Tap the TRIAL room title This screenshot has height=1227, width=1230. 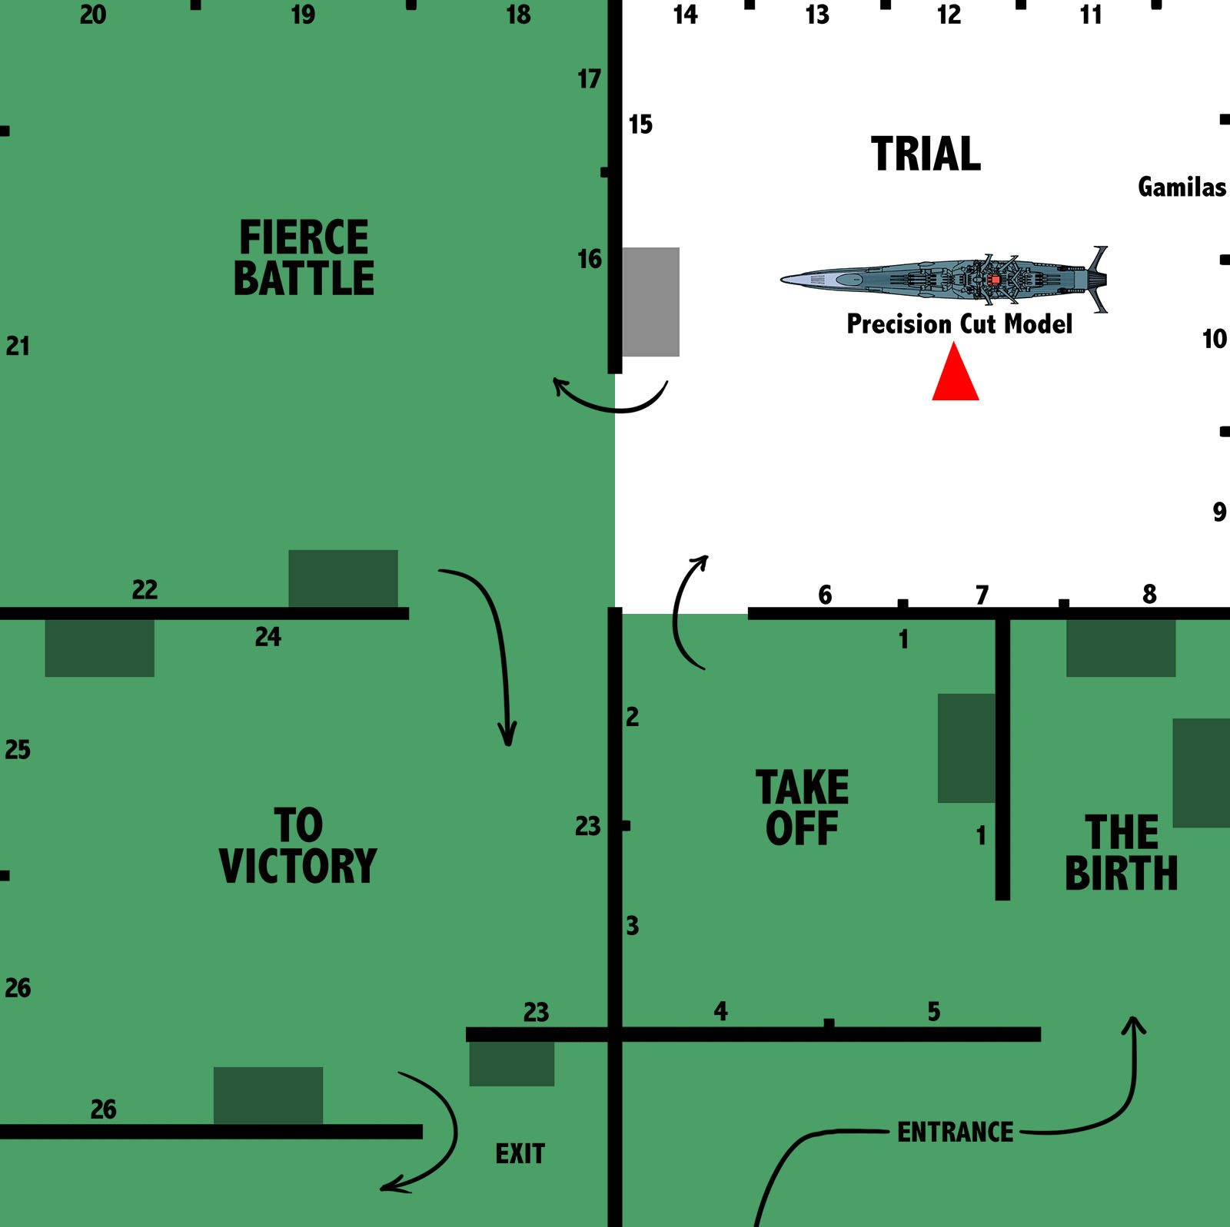point(926,154)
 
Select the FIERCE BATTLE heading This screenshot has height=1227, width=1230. point(304,257)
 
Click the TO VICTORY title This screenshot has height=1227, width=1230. point(298,846)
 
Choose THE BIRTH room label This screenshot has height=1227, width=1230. point(1121,853)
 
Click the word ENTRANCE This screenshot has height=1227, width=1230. point(955,1132)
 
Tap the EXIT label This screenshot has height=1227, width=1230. point(520,1153)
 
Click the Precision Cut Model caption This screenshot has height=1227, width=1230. point(959,323)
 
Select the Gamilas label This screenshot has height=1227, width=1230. point(1182,187)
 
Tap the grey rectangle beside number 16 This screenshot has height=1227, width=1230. point(650,301)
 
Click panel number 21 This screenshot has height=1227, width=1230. point(18,346)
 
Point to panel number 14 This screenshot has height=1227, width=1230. point(685,15)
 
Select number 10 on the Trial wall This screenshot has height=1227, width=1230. point(1214,339)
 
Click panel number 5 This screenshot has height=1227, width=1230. point(933,1011)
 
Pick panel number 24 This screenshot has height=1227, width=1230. point(268,636)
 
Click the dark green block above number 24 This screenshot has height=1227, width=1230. point(343,578)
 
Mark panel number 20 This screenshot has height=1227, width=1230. point(92,15)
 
